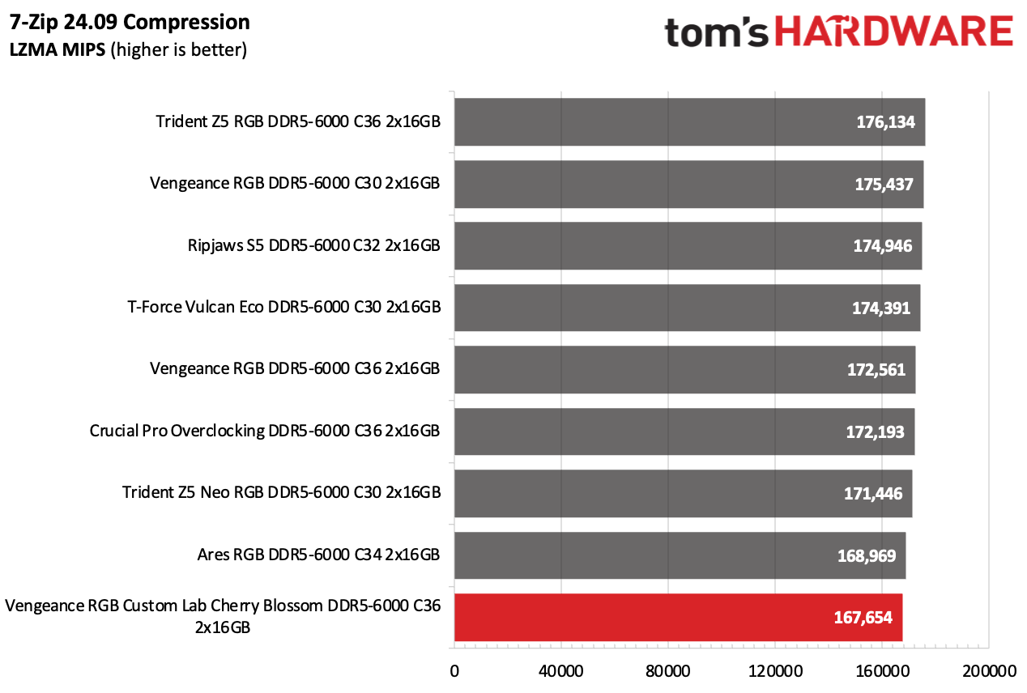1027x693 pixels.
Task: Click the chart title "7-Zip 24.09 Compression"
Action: [x=130, y=22]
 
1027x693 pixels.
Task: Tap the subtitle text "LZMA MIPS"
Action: [x=57, y=50]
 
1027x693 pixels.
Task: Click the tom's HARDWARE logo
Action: [x=838, y=32]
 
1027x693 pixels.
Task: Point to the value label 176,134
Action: [x=885, y=122]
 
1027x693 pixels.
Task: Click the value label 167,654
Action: [x=863, y=618]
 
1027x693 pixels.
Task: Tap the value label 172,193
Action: [x=875, y=432]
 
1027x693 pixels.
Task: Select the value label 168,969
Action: [x=866, y=556]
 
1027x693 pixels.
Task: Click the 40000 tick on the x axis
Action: [x=561, y=672]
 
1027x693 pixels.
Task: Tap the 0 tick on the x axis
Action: [x=454, y=672]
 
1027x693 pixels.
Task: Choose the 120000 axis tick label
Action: [x=775, y=672]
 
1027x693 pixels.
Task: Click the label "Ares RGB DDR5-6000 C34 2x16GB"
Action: [x=318, y=555]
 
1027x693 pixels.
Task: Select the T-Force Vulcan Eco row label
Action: [x=284, y=308]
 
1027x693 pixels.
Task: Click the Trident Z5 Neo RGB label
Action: [x=281, y=493]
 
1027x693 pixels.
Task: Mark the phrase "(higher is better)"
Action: [x=179, y=50]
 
